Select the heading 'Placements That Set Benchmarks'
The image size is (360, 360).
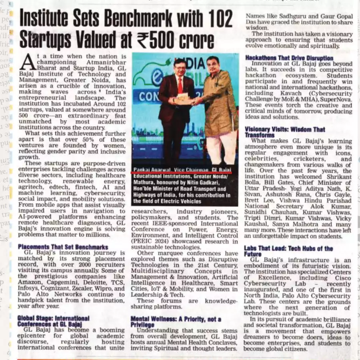[x=63, y=247]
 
